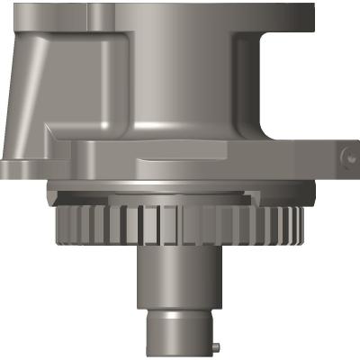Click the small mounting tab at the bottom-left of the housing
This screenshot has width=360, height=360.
coord(18,166)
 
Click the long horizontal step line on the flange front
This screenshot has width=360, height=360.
coord(207,160)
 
